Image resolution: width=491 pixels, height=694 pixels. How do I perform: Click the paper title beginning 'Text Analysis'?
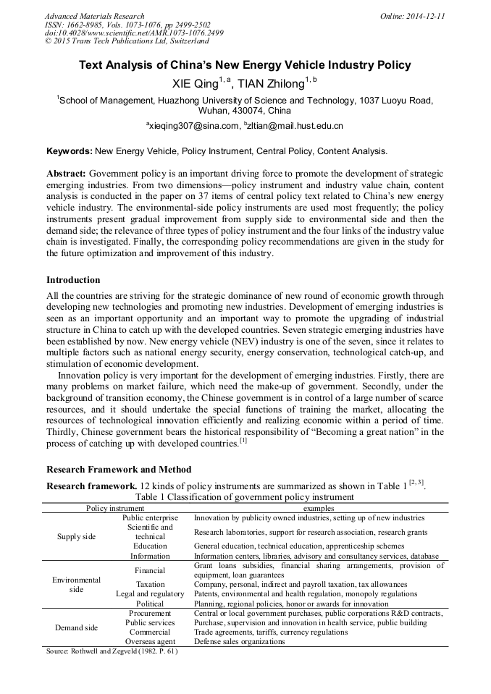(245, 65)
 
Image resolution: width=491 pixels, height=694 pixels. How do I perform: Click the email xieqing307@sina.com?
(193, 126)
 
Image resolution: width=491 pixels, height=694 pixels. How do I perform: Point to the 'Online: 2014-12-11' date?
(413, 16)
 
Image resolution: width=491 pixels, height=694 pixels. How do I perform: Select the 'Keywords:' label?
(69, 151)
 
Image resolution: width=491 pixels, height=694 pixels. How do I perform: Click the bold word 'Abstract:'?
(67, 174)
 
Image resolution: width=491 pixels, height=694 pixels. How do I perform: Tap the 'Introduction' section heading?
(73, 279)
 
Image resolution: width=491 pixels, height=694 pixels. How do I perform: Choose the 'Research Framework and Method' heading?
(118, 470)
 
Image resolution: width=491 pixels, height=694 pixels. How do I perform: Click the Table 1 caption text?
(245, 497)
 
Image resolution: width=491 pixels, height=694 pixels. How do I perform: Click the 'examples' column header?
(319, 508)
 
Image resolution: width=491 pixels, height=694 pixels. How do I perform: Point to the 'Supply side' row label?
(77, 536)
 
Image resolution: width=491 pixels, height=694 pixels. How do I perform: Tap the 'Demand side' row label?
(77, 627)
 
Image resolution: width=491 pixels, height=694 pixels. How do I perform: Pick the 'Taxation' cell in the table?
(150, 584)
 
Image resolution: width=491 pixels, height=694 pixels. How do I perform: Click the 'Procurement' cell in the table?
(150, 613)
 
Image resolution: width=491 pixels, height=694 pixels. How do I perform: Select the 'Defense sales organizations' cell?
(239, 641)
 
